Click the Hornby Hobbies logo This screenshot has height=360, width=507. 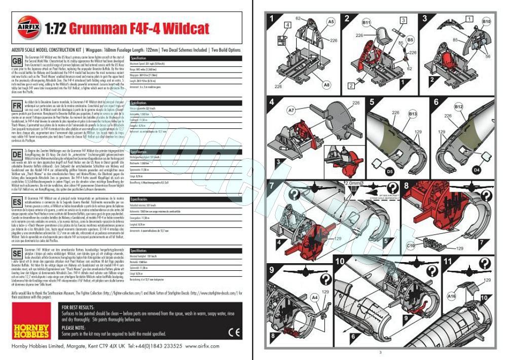point(30,328)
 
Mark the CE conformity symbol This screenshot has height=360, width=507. point(234,332)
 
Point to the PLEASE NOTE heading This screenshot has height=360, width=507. point(74,328)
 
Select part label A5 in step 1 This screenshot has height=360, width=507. point(331,22)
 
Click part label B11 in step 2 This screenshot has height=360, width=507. point(367,23)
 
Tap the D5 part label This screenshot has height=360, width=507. point(390,171)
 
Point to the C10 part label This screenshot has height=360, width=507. point(411,246)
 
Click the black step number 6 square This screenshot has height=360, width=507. point(435,102)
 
